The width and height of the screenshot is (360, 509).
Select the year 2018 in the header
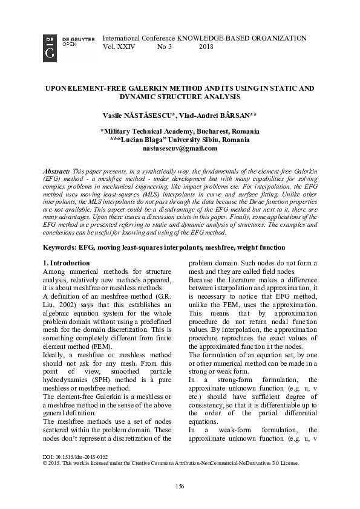[x=206, y=47]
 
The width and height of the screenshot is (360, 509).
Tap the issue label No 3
[x=165, y=47]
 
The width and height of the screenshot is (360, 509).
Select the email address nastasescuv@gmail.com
[x=180, y=148]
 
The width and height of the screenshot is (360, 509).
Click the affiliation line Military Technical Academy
[x=180, y=131]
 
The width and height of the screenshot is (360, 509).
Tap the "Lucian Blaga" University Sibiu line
[x=180, y=140]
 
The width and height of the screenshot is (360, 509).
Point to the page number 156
[x=180, y=487]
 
